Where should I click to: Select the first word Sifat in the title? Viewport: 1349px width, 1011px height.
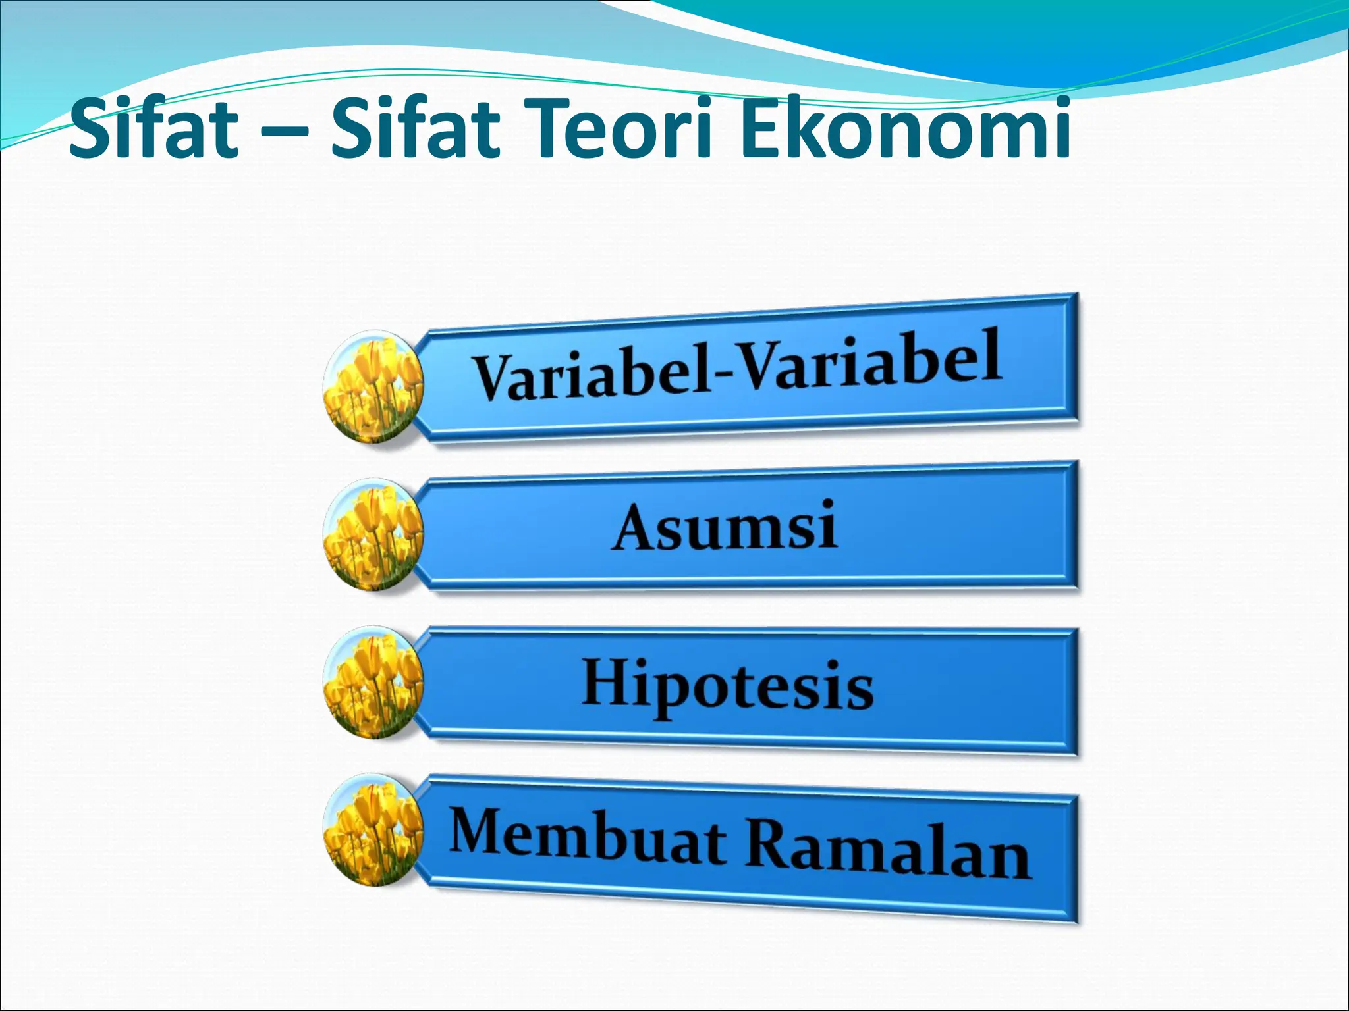point(153,128)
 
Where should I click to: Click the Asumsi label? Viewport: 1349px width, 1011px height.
point(725,527)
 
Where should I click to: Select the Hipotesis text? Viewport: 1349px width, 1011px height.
point(727,686)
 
